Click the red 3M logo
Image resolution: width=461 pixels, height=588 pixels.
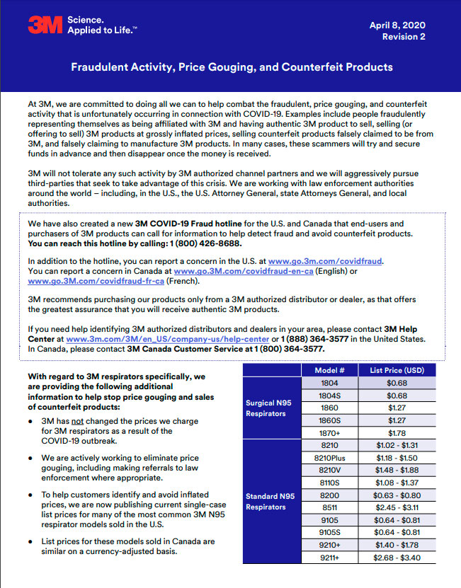(45, 25)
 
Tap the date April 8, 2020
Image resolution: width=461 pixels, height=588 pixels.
(397, 25)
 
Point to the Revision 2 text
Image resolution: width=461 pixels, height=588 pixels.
(404, 37)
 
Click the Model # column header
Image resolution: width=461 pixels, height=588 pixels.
(329, 370)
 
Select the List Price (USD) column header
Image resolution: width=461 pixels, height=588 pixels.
(397, 370)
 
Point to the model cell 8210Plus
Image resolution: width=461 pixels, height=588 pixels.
(329, 458)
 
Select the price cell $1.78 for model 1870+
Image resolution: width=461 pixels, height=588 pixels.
(397, 432)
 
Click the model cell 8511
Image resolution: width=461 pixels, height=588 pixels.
(329, 508)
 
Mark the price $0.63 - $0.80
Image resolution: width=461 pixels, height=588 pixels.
(397, 495)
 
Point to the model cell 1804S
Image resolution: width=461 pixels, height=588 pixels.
(329, 395)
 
